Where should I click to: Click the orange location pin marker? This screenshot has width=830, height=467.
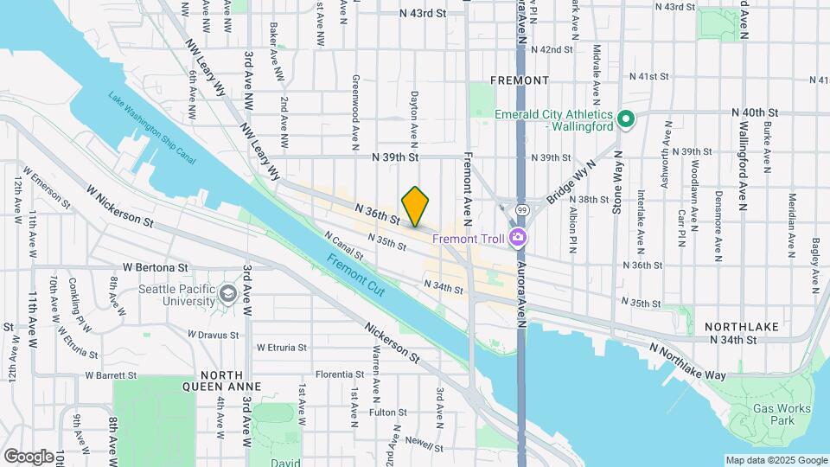tap(415, 206)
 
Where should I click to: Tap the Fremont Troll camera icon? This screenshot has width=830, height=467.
tap(518, 237)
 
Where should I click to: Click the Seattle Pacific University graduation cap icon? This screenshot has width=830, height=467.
tap(228, 293)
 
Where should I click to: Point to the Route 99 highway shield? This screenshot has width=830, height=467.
tap(521, 209)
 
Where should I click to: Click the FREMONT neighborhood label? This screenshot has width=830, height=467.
tap(519, 80)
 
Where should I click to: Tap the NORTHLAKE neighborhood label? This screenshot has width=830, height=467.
tap(741, 327)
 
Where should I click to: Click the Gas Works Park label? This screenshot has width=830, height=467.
tap(781, 414)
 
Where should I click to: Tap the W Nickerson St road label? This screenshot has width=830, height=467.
tap(120, 204)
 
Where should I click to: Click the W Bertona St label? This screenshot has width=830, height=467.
tap(155, 267)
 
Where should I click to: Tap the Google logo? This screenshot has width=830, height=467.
tap(29, 456)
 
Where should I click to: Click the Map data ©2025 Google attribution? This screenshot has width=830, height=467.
tap(776, 460)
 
